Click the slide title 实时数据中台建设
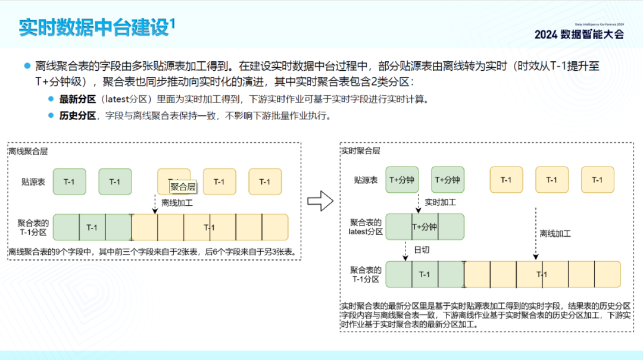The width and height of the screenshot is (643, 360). coord(94,28)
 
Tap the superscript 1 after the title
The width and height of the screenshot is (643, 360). coord(173,23)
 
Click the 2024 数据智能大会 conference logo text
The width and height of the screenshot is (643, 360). coord(579,34)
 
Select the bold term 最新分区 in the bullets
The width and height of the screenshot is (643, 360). coord(77,99)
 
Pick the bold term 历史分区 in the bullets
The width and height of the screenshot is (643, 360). coord(77,115)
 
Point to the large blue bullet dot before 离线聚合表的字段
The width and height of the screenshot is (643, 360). coord(27,65)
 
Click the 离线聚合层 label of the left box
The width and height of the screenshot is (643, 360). coord(28,151)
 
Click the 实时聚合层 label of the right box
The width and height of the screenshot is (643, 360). coord(360,151)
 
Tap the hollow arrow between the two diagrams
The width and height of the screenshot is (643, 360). coord(320,201)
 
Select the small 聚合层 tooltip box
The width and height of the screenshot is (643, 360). coord(183,186)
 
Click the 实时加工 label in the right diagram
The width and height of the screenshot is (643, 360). coord(440,202)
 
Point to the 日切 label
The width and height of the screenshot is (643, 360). coord(421,250)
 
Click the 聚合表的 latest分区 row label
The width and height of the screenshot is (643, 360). coord(366,227)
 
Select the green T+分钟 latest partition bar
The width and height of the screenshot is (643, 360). coord(424,227)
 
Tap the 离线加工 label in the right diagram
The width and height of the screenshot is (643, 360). coord(555,234)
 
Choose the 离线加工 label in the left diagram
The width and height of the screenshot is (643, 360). coord(177,202)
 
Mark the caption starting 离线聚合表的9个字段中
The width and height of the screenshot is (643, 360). coord(152,252)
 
